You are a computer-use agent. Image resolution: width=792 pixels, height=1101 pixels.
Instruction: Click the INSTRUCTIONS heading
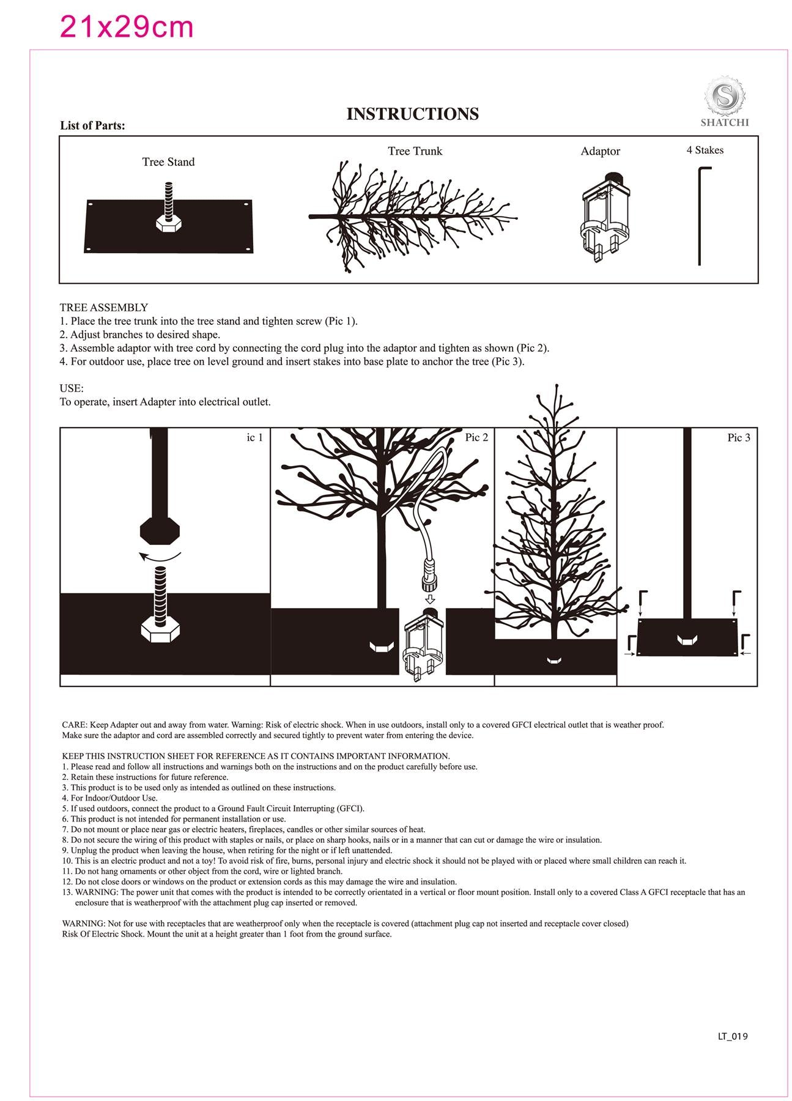click(x=412, y=114)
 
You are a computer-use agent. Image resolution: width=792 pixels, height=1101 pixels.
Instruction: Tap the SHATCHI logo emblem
click(x=724, y=97)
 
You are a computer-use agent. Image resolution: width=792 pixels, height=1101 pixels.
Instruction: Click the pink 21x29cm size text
click(x=126, y=27)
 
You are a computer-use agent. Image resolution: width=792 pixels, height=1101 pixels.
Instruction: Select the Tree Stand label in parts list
click(x=168, y=162)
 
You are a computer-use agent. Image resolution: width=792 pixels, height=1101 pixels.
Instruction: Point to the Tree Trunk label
click(x=415, y=151)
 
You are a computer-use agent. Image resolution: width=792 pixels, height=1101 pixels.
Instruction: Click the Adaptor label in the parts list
click(x=600, y=151)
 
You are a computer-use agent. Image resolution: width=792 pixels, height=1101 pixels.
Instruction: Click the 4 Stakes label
click(x=705, y=150)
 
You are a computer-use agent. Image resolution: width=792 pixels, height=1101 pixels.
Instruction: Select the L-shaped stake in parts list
click(x=701, y=215)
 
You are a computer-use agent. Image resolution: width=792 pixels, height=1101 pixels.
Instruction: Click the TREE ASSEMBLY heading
click(x=103, y=308)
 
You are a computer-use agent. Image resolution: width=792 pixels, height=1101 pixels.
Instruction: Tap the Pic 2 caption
click(x=476, y=437)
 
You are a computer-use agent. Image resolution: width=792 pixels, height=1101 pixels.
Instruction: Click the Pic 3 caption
click(x=738, y=437)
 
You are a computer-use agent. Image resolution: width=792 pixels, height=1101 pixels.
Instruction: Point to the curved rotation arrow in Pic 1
click(x=160, y=556)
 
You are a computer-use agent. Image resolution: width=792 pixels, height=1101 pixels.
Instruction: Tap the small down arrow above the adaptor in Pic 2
click(x=429, y=599)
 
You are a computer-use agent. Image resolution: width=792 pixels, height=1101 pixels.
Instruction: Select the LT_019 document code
click(x=733, y=1036)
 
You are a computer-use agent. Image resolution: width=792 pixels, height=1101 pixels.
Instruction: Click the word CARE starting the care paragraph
click(x=74, y=725)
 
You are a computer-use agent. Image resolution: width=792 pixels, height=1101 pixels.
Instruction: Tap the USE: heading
click(x=72, y=388)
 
